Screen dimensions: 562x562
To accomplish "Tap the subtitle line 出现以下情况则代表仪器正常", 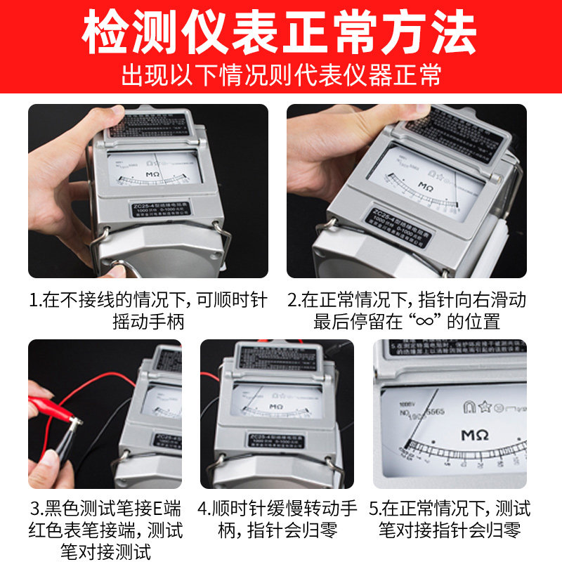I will pos(281,75).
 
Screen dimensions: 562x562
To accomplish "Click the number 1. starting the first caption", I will pos(36,301).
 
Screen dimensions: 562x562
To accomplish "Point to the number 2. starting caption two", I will pos(294,301).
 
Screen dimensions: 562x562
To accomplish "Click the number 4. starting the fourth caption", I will pos(205,508).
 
